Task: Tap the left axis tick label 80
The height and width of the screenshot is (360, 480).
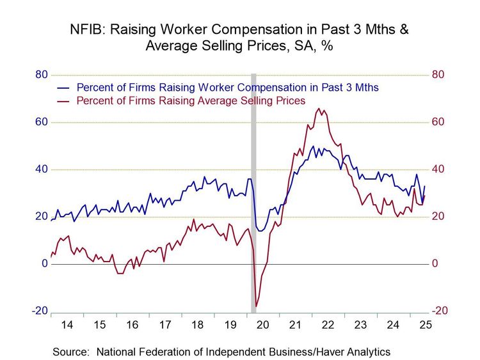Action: pyautogui.click(x=41, y=75)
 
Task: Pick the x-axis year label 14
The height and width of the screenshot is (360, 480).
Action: pyautogui.click(x=67, y=325)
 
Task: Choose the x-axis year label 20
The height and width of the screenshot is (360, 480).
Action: pyautogui.click(x=262, y=325)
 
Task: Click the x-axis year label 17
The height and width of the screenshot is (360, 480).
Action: pyautogui.click(x=164, y=325)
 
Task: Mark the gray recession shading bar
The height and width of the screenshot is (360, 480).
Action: pyautogui.click(x=253, y=192)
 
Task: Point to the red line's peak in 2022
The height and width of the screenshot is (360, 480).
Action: pyautogui.click(x=319, y=109)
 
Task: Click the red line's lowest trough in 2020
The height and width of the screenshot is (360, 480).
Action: pyautogui.click(x=256, y=307)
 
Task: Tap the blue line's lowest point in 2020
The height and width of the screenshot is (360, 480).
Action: pyautogui.click(x=260, y=231)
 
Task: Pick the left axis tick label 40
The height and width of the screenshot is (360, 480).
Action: pyautogui.click(x=41, y=169)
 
